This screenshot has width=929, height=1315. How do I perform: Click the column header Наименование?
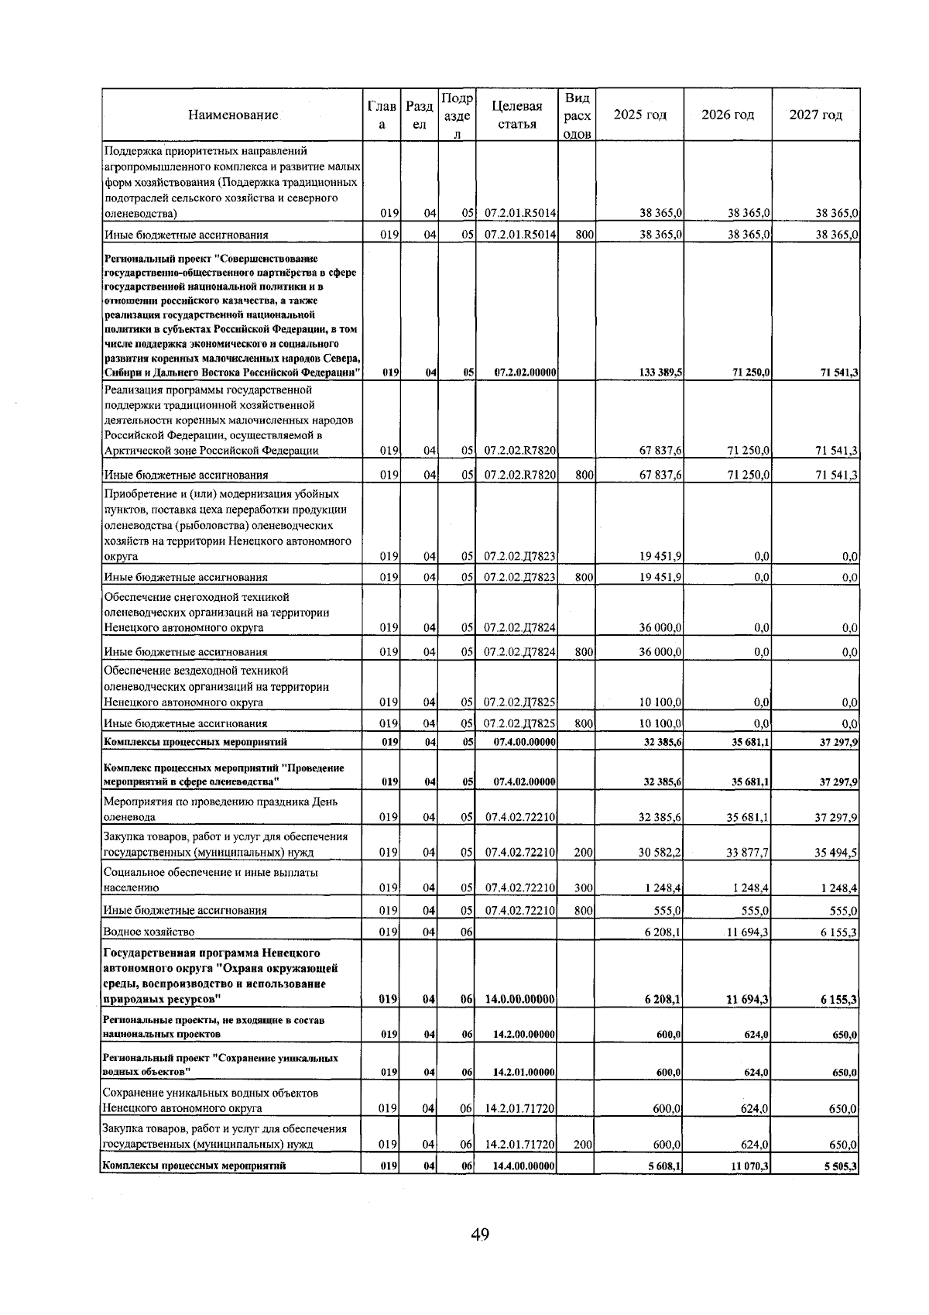pyautogui.click(x=232, y=115)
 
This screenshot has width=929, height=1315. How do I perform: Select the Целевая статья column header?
pyautogui.click(x=516, y=115)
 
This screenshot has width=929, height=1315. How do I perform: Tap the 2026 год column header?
pyautogui.click(x=727, y=115)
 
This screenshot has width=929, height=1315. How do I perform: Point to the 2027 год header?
pyautogui.click(x=815, y=115)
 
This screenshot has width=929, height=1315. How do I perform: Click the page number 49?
pyautogui.click(x=479, y=1234)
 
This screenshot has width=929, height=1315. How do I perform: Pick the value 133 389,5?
pyautogui.click(x=660, y=373)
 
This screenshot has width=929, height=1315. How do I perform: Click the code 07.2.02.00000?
pyautogui.click(x=525, y=373)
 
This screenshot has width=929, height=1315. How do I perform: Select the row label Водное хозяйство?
pyautogui.click(x=149, y=932)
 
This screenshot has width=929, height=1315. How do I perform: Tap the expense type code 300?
pyautogui.click(x=583, y=888)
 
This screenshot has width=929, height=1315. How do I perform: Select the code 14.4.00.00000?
pyautogui.click(x=524, y=1166)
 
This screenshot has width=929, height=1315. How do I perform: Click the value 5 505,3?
pyautogui.click(x=839, y=1166)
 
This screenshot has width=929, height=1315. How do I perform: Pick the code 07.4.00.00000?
pyautogui.click(x=524, y=742)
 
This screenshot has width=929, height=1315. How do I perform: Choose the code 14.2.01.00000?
pyautogui.click(x=524, y=1073)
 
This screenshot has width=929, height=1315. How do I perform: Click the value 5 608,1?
pyautogui.click(x=663, y=1166)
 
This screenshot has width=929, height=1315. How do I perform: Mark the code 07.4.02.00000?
pyautogui.click(x=524, y=782)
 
